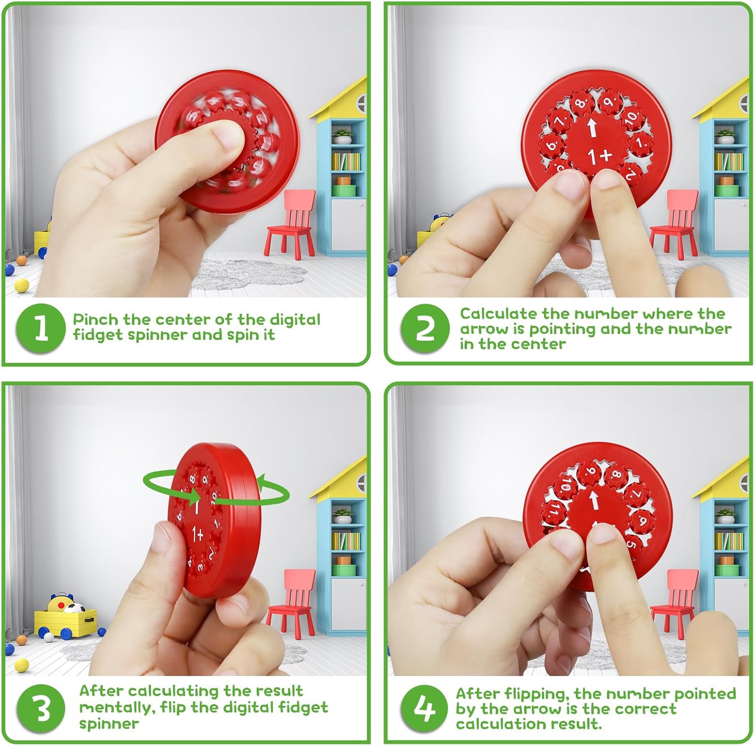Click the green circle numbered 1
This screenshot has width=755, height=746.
click(40, 328)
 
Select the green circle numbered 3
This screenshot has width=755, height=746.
click(42, 708)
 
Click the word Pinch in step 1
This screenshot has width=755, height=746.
click(96, 320)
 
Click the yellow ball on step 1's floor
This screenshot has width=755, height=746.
click(22, 285)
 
